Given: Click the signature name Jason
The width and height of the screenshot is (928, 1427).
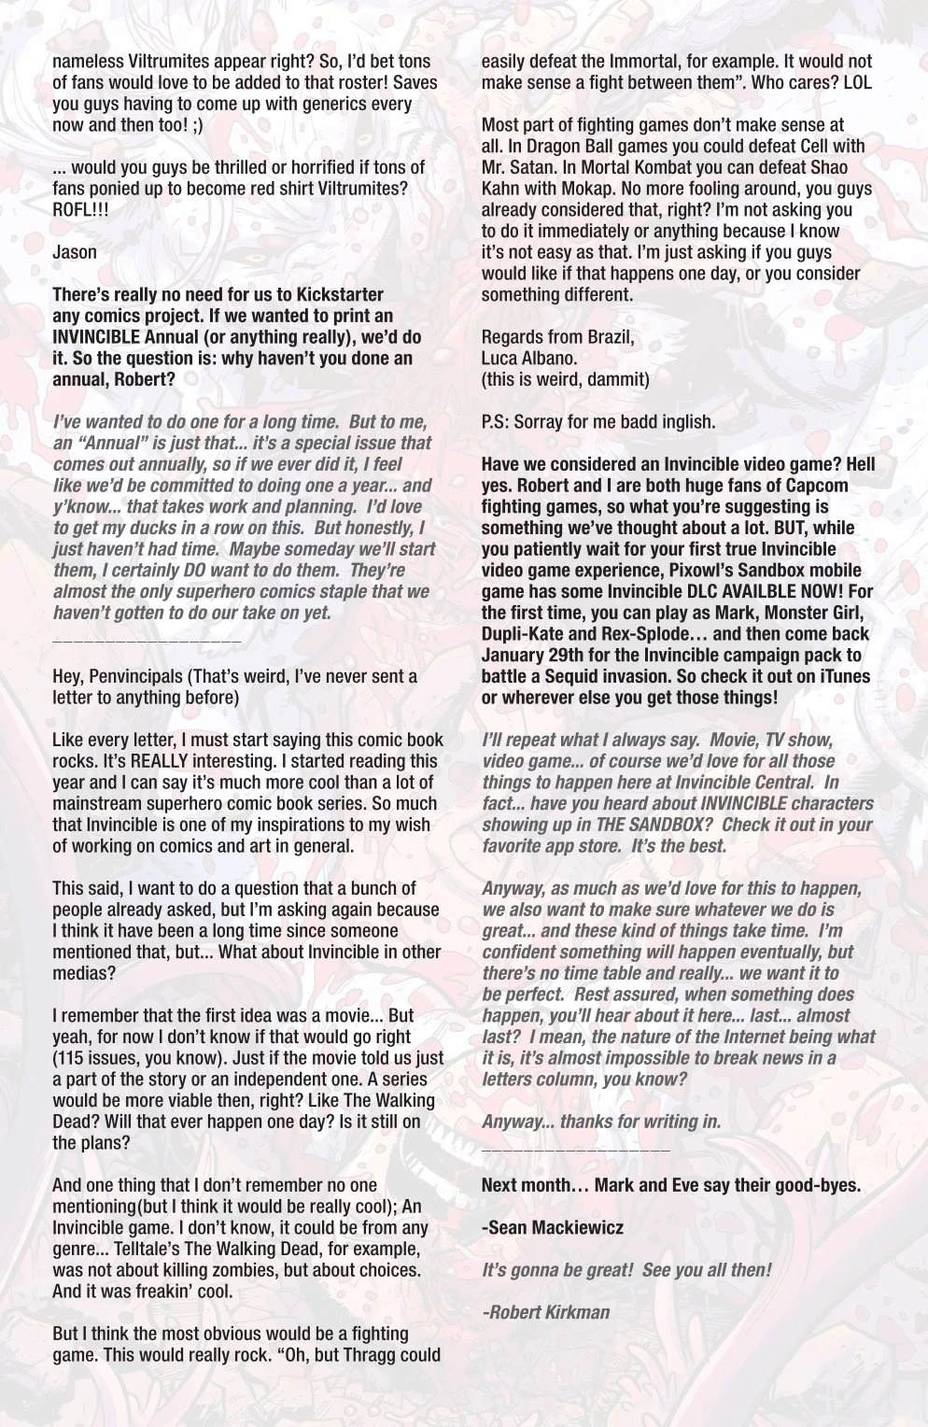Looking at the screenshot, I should tap(75, 251).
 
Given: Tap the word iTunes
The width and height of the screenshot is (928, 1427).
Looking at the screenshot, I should tap(845, 676).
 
